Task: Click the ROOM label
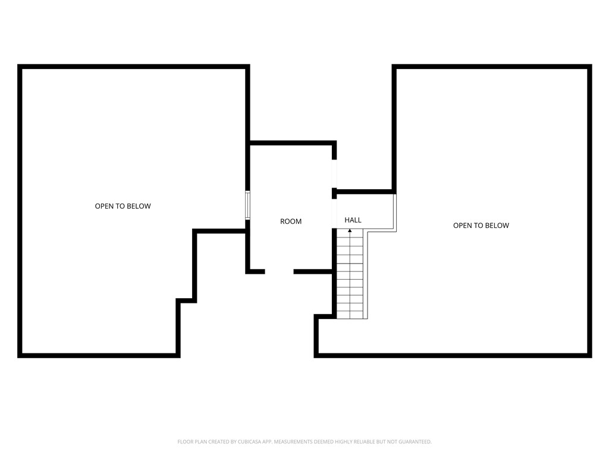pyautogui.click(x=291, y=221)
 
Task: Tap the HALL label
pyautogui.click(x=353, y=220)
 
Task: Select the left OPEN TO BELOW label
pyautogui.click(x=123, y=206)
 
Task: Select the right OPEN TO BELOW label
pyautogui.click(x=481, y=226)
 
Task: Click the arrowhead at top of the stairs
pyautogui.click(x=350, y=230)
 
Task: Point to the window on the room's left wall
pyautogui.click(x=248, y=205)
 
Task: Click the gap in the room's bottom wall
pyautogui.click(x=279, y=272)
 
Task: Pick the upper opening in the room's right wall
pyautogui.click(x=334, y=173)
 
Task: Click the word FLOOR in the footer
pyautogui.click(x=184, y=442)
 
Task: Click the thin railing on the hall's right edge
pyautogui.click(x=395, y=212)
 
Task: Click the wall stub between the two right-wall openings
pyautogui.click(x=334, y=193)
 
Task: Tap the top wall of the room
pyautogui.click(x=291, y=143)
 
